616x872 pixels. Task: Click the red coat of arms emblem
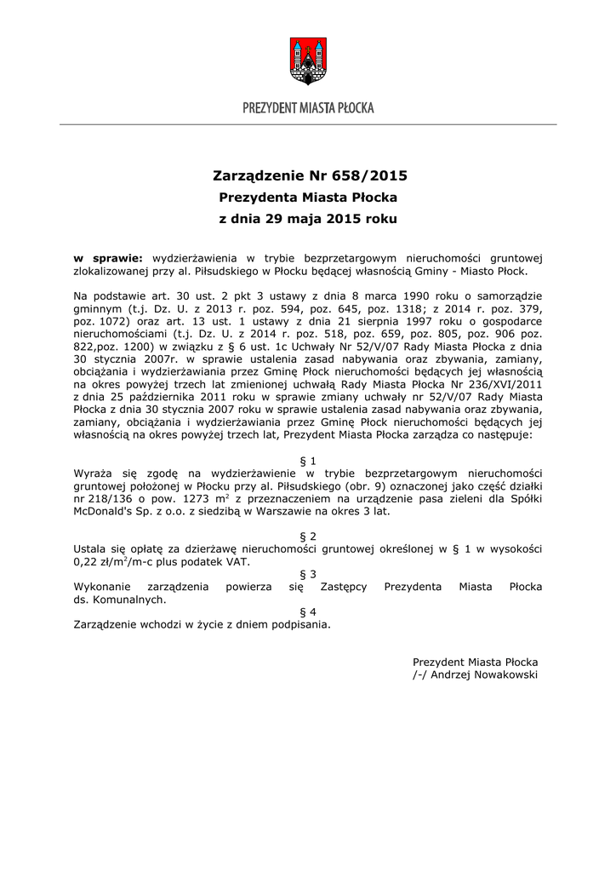(308, 60)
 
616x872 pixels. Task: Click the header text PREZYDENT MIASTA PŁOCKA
(308, 108)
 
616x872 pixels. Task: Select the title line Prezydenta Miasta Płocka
(308, 198)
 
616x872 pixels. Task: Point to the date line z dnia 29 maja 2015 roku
(308, 219)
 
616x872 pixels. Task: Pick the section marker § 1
(308, 461)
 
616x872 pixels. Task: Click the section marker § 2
(308, 536)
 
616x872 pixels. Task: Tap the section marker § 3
(308, 575)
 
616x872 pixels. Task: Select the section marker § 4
(308, 611)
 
